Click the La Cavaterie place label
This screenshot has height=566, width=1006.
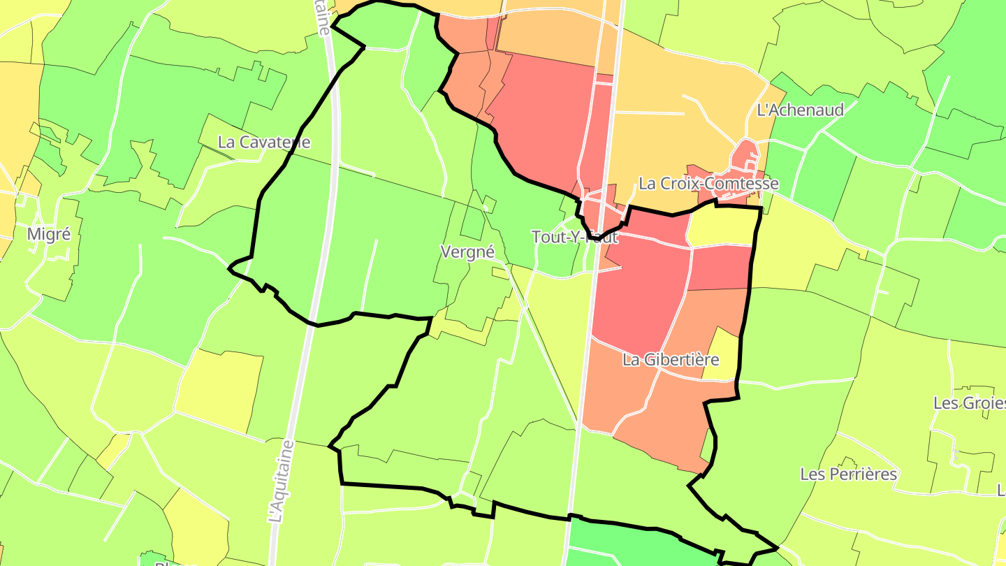click(x=264, y=142)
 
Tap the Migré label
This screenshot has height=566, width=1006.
click(x=49, y=234)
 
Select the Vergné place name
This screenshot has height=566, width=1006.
click(x=467, y=252)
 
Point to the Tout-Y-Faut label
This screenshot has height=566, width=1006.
click(x=575, y=237)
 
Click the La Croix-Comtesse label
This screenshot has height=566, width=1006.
click(x=708, y=184)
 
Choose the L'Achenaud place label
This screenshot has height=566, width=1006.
click(x=801, y=110)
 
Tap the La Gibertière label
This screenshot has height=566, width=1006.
click(x=670, y=360)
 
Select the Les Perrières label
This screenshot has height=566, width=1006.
click(x=848, y=474)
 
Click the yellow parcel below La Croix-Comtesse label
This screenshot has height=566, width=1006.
click(x=722, y=226)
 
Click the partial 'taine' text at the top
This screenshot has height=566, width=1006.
click(x=322, y=18)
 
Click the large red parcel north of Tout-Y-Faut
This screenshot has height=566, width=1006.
click(x=541, y=119)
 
